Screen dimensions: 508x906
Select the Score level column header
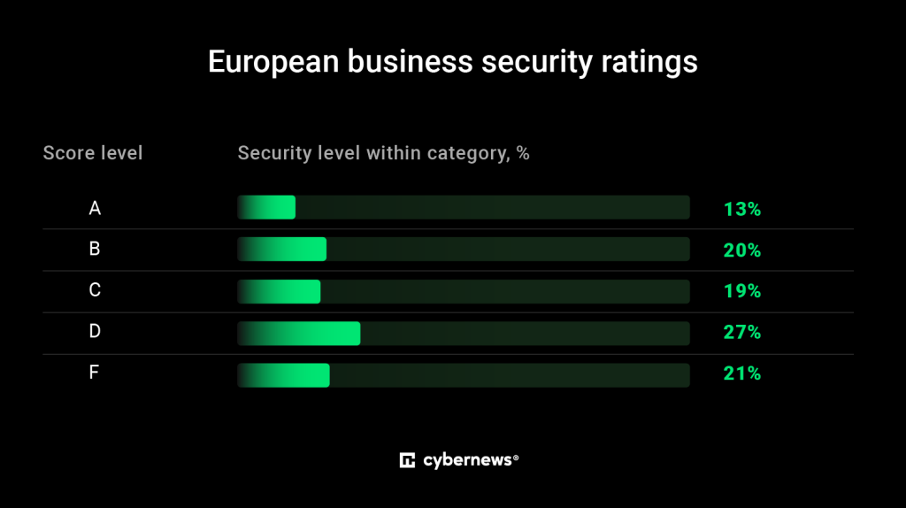tap(93, 153)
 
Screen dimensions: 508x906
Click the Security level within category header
tap(383, 153)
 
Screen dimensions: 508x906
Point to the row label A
tap(95, 209)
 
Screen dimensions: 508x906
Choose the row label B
tap(95, 250)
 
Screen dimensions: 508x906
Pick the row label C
tap(95, 290)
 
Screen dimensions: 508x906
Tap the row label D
tap(95, 332)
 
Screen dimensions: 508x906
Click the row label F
tap(95, 373)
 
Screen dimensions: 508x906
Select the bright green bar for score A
tap(270, 208)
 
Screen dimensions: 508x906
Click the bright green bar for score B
tap(285, 250)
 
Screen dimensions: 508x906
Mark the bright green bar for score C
tap(282, 291)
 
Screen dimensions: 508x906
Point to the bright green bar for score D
tap(302, 333)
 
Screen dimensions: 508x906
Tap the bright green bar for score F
tap(287, 375)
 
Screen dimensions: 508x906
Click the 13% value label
tap(741, 210)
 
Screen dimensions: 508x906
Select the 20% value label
tap(741, 250)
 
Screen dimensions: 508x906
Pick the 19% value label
tap(741, 291)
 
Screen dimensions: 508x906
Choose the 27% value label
tap(741, 333)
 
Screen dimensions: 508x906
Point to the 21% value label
tap(741, 373)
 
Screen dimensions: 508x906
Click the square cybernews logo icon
tap(408, 460)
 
